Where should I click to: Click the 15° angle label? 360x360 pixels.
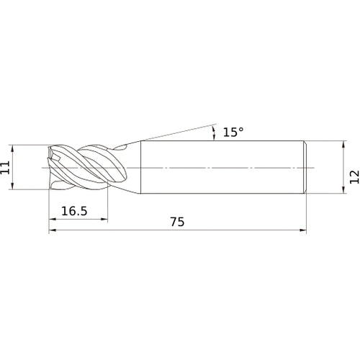233,132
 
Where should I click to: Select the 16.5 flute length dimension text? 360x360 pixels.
74,211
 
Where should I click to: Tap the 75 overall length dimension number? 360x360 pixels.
177,222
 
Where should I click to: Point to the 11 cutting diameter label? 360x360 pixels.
5,167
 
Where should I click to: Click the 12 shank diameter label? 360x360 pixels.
354,177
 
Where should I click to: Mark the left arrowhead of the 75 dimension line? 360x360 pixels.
53,230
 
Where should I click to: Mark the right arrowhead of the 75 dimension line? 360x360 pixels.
303,230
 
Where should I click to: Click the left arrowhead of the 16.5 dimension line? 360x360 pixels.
53,219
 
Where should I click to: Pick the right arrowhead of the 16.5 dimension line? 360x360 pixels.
104,219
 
